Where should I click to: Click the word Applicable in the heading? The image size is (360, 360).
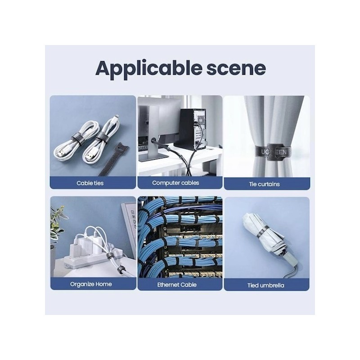coord(148,68)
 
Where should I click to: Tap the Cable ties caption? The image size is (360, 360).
coord(90,183)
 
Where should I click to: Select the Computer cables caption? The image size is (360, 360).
coord(175,183)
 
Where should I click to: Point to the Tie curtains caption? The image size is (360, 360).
coord(264,184)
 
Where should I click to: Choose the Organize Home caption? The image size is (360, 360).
coord(91,284)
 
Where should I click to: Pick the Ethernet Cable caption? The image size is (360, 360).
coord(177,285)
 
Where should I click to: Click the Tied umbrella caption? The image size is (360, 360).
coord(265,285)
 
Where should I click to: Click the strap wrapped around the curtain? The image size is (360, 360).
coord(273,152)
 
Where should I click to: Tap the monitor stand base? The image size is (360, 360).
coord(153,157)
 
